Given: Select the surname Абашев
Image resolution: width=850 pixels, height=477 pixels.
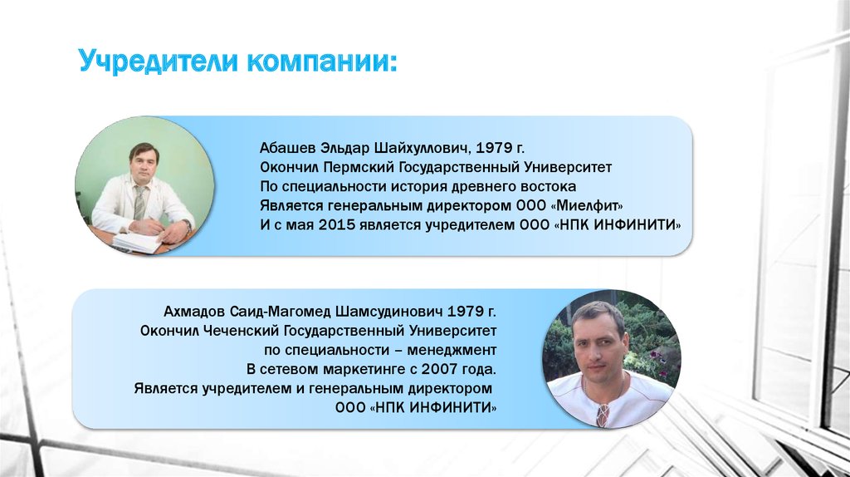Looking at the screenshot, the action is pos(287,148).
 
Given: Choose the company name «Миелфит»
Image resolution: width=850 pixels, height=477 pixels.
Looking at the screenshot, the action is pos(590,206).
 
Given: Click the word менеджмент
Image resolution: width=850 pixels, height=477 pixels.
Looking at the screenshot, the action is pos(452,350).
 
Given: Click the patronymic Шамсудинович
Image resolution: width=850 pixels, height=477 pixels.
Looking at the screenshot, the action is pos(389,312).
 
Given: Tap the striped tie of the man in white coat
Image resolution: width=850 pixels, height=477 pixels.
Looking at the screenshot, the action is pos(139,203).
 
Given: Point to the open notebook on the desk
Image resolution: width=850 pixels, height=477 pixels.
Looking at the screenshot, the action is pos(137,243).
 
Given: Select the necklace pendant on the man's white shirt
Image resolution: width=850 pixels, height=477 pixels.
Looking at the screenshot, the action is pos(601,416).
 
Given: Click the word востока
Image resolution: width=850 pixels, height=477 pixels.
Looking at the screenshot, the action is pos(548,187).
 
